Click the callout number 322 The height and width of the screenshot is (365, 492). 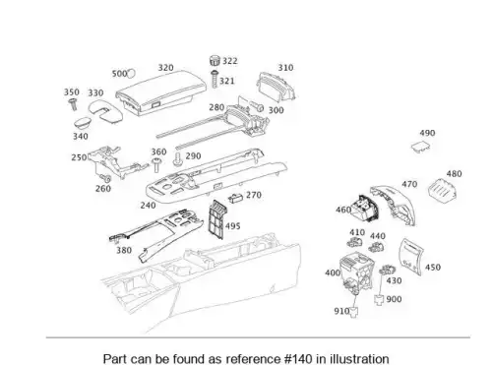230,61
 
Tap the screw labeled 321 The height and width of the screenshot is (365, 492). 215,79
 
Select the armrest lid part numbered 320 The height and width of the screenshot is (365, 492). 161,92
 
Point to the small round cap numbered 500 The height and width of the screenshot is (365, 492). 131,73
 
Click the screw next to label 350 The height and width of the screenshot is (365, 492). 73,104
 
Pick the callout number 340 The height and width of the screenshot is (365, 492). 81,136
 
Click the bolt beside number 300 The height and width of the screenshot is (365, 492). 257,106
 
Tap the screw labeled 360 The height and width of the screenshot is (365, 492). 156,164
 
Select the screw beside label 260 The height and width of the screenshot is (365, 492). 105,179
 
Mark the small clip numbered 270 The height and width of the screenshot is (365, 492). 236,198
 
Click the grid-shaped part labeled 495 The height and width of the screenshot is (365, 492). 216,219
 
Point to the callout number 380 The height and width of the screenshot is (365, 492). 124,250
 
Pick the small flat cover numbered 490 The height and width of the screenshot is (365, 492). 421,147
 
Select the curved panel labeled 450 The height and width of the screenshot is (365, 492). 410,257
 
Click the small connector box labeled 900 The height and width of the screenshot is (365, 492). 379,300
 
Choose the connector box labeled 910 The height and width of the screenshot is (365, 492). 353,312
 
